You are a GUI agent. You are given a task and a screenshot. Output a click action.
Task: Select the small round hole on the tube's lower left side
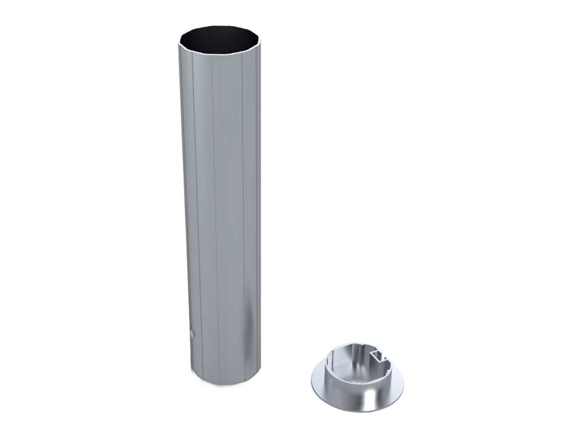coord(192,333)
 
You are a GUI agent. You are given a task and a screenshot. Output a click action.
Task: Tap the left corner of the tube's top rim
coord(180,44)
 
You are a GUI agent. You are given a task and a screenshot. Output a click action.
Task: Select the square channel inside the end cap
coord(381,355)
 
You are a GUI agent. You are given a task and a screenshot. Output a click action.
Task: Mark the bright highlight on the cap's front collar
coord(364,388)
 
